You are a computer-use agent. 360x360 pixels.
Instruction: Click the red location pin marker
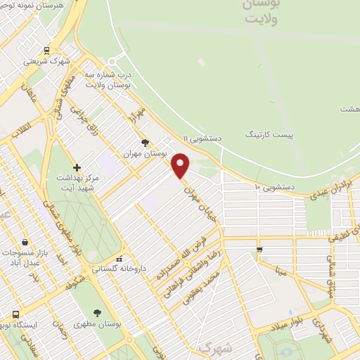point(181,165)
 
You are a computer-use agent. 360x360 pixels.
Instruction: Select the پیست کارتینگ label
point(271,133)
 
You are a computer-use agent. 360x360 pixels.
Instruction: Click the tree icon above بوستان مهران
point(146,142)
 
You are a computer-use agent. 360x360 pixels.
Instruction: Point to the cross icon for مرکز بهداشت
point(76,167)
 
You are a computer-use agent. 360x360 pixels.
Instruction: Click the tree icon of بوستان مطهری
point(97,312)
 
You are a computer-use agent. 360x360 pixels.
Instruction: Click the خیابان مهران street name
point(198,200)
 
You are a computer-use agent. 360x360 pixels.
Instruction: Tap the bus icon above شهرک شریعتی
point(46,50)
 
